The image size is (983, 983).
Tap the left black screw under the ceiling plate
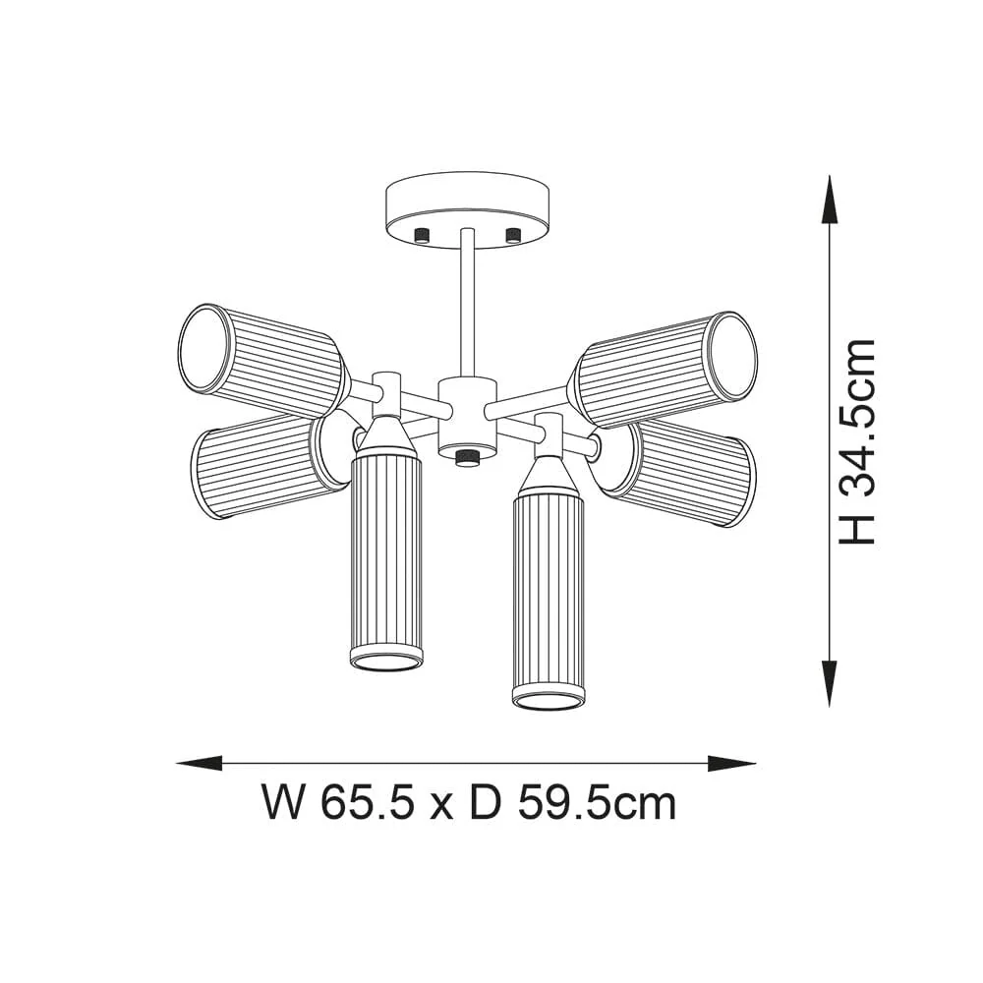pyautogui.click(x=424, y=234)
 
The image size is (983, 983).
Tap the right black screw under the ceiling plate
pyautogui.click(x=511, y=234)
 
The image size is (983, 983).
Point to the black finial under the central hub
pyautogui.click(x=466, y=457)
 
